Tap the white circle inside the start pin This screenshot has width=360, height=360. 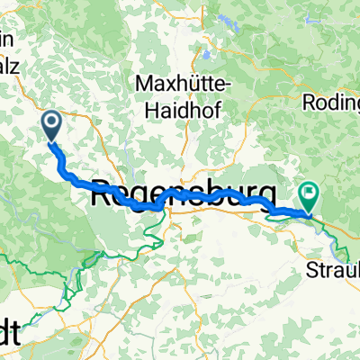click(x=51, y=121)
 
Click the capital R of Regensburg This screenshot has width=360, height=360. click(x=102, y=190)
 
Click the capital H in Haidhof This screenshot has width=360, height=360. click(x=152, y=104)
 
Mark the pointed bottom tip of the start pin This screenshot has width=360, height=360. click(x=51, y=141)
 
